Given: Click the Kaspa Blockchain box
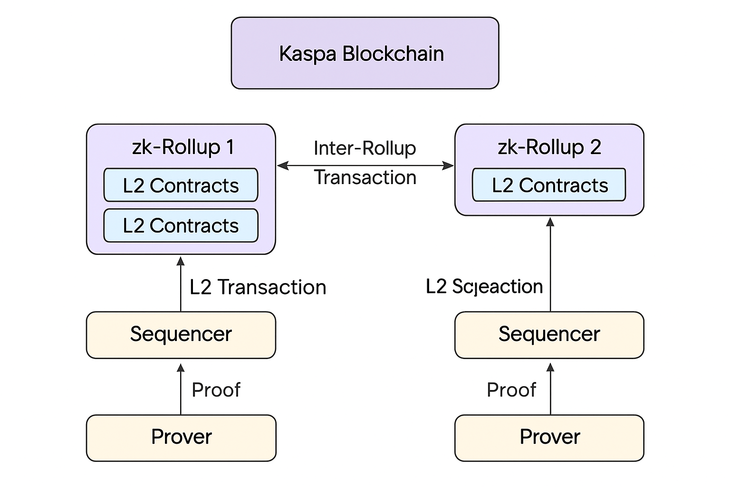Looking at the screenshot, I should click(x=365, y=53).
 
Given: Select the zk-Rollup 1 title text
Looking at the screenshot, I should click(x=183, y=147).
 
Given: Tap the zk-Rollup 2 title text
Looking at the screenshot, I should click(x=549, y=147).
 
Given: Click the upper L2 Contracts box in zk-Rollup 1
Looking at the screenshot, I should click(x=181, y=185).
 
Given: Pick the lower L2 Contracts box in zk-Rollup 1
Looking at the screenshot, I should click(x=181, y=225).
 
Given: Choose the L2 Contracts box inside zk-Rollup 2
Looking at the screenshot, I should click(x=549, y=185).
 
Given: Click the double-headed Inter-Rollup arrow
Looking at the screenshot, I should click(x=365, y=166).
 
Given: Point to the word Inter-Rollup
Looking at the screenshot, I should click(x=365, y=148).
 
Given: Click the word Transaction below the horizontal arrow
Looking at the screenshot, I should click(x=365, y=178).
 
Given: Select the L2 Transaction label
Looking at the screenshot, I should click(x=258, y=287).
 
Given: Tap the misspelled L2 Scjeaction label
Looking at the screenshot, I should click(x=484, y=287).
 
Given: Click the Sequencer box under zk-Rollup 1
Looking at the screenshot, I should click(x=181, y=335).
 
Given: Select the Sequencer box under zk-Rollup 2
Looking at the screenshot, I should click(x=549, y=335).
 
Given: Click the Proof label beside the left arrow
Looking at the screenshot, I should click(x=216, y=390).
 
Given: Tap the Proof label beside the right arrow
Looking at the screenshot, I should click(x=511, y=390).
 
